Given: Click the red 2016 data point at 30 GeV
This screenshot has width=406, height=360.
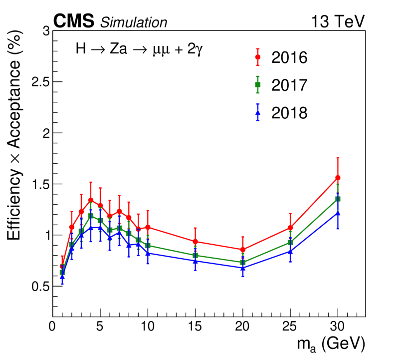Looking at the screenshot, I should point(338,178).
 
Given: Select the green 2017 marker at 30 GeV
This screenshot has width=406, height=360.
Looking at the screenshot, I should point(338,199).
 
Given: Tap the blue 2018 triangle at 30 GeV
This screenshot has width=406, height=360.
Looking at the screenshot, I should point(338,213).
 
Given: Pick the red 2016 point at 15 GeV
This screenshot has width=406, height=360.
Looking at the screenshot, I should point(195,242).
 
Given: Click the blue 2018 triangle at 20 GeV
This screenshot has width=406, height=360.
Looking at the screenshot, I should point(243,268).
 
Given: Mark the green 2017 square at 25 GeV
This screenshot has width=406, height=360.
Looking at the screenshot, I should point(290,243).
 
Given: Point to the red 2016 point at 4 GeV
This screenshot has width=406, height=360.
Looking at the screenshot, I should point(91,200).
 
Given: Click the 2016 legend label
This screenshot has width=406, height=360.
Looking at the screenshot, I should point(289,57).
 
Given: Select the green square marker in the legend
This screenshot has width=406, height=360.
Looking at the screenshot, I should point(258,85).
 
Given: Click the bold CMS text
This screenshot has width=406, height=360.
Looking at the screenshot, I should point(74,21).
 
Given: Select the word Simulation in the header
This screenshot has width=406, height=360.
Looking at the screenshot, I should point(134,22).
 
